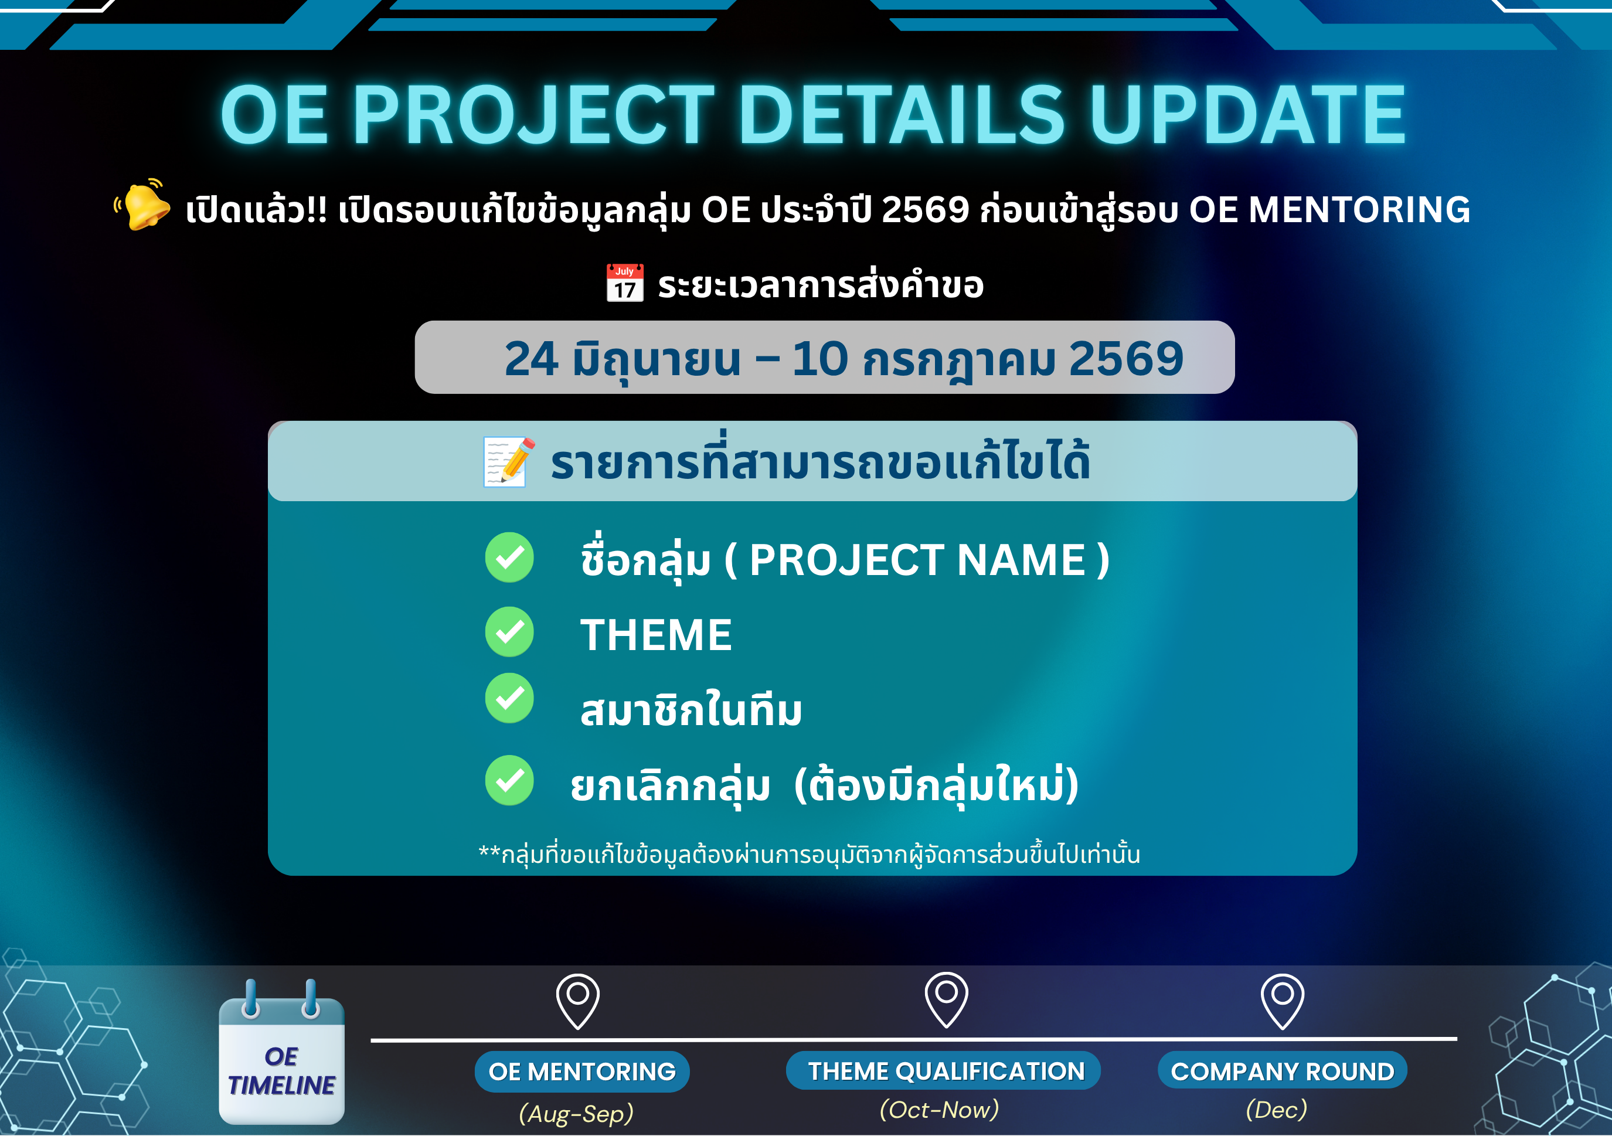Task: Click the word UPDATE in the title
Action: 1247,114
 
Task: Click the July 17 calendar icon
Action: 624,283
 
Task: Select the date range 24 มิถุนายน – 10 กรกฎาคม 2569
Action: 844,359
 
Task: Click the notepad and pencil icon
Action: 509,461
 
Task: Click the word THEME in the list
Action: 656,635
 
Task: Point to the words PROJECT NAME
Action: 917,560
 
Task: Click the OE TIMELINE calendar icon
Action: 281,1052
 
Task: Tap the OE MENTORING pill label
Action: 582,1072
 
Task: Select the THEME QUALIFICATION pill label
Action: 943,1071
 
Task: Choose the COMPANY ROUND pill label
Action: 1282,1071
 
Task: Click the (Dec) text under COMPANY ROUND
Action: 1276,1109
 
